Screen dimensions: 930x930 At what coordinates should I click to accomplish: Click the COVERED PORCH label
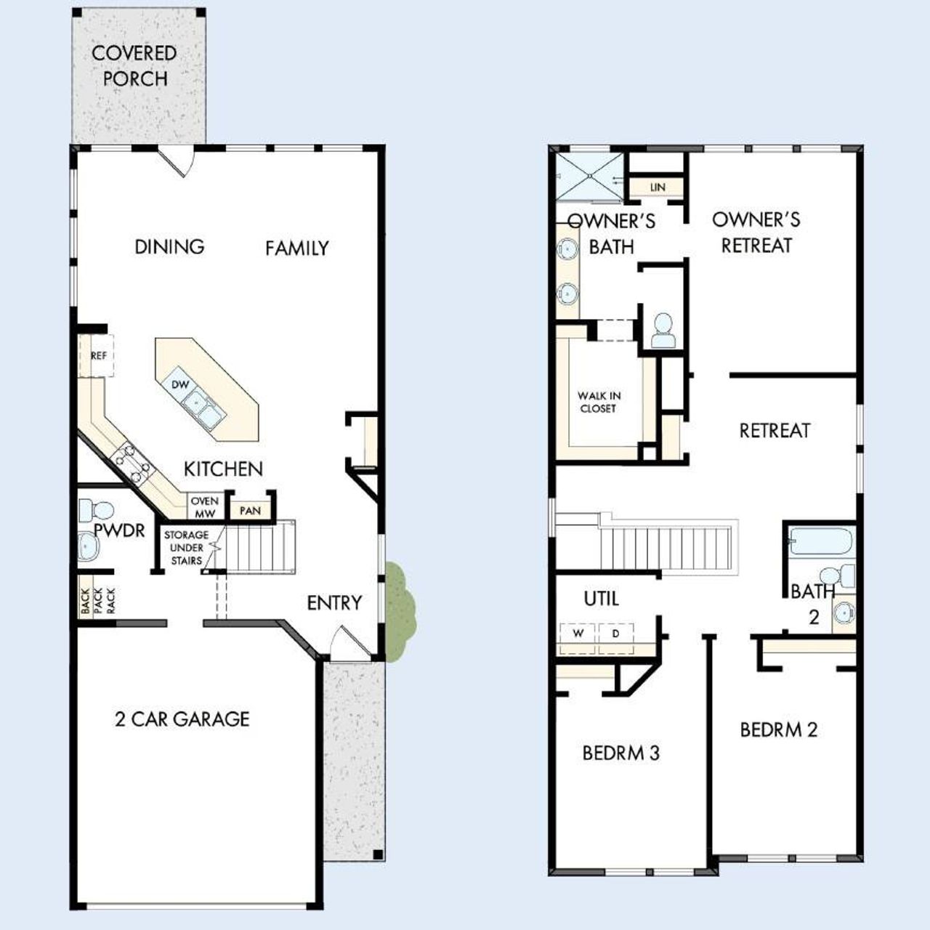pos(134,65)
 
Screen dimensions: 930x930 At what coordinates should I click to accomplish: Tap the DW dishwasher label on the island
pos(180,384)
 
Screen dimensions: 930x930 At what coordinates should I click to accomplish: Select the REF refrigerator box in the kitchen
pos(97,356)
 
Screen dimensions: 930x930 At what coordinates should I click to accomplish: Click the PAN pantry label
pos(250,511)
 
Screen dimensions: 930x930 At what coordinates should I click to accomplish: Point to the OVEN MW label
pos(204,507)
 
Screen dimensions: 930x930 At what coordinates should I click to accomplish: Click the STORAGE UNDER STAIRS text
pos(186,548)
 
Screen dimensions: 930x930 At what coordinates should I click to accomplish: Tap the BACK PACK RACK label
pos(97,602)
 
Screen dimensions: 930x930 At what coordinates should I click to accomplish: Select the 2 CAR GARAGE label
pos(182,719)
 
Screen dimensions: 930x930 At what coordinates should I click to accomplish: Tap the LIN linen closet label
pos(658,187)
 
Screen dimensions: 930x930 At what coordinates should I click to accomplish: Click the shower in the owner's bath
pos(589,177)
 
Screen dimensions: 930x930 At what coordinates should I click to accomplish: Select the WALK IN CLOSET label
pos(599,403)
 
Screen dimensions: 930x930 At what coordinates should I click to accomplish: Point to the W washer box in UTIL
pos(578,634)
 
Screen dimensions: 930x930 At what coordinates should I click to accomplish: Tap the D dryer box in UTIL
pos(615,634)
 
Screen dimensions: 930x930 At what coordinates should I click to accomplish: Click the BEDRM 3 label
pos(621,753)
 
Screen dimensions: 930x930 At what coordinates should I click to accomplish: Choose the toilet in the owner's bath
pos(663,331)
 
